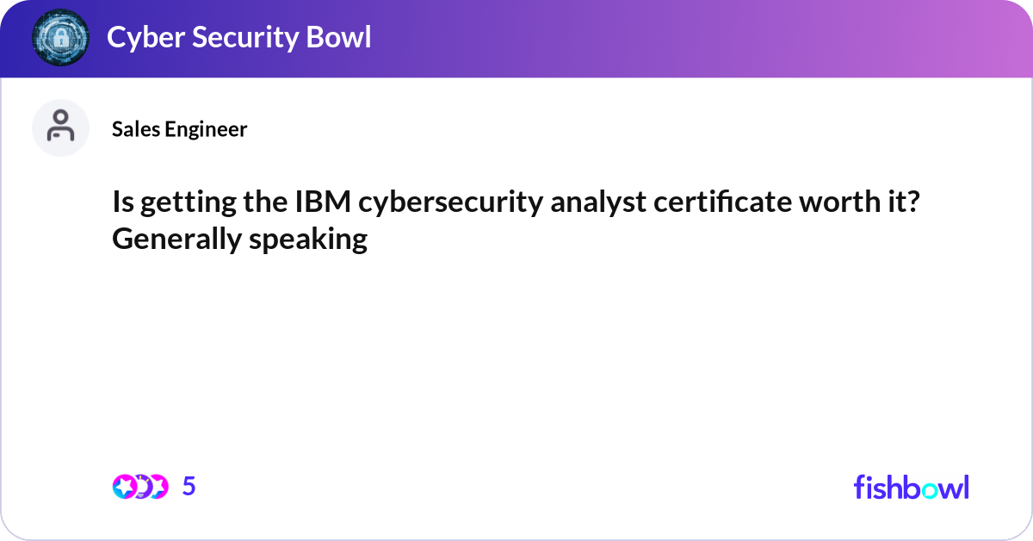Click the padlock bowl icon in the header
pos(60,37)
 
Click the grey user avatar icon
pos(60,127)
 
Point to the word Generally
pos(176,239)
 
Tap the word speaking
pos(308,239)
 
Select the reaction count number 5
pos(189,487)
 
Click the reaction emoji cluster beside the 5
pos(139,487)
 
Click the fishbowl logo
pos(911,487)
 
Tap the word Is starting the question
pos(122,203)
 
